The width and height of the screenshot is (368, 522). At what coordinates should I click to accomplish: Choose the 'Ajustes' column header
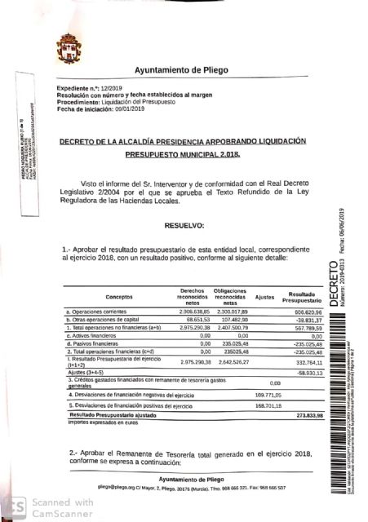pos(265,297)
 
